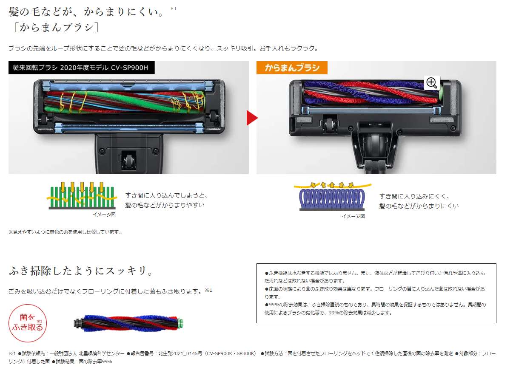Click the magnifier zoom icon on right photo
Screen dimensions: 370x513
tap(432, 83)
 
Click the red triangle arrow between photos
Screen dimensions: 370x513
tap(251, 118)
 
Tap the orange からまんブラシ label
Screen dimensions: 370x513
tap(291, 68)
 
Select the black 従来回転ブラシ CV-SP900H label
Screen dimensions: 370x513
tap(81, 68)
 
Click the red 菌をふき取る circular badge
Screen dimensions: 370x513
tap(28, 323)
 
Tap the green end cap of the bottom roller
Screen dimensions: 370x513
tap(180, 322)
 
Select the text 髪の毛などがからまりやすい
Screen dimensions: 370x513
tap(164, 205)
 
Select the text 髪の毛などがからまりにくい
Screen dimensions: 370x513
tap(419, 206)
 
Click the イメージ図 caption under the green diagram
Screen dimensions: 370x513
tap(104, 215)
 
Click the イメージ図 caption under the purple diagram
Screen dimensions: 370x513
tap(353, 216)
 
